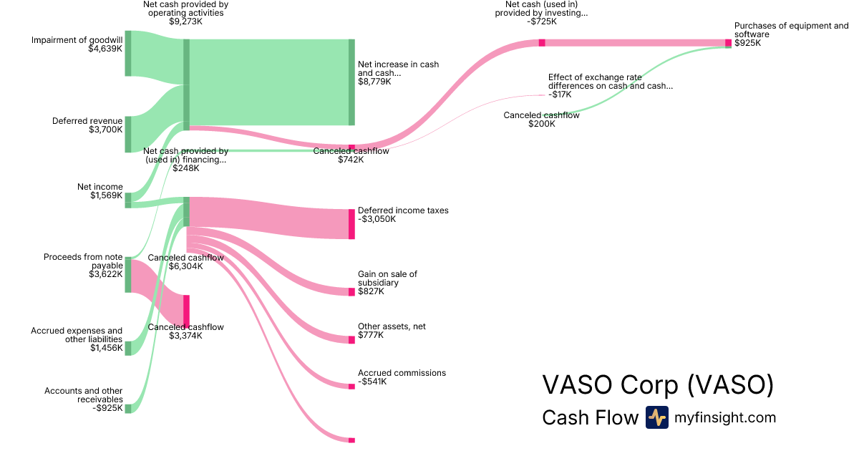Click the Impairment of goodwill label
[77, 40]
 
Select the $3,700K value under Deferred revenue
[105, 130]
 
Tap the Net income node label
[100, 187]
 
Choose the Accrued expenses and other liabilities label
[77, 335]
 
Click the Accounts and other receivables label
[83, 395]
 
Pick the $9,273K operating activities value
[185, 21]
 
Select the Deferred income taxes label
[403, 210]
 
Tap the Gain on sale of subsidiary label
[387, 278]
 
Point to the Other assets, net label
[392, 326]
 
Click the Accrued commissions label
[402, 373]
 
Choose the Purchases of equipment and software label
[791, 30]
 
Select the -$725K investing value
[541, 21]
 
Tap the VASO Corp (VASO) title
[658, 384]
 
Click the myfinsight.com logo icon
[656, 417]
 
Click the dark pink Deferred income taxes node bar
[351, 224]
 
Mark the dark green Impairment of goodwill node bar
[128, 53]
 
